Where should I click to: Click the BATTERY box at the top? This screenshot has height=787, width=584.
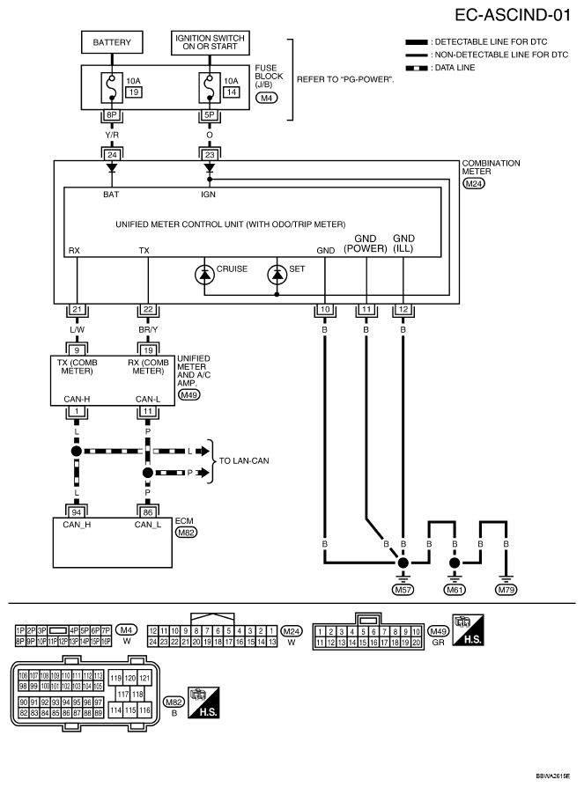(112, 41)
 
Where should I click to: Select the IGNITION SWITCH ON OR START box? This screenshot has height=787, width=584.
(210, 41)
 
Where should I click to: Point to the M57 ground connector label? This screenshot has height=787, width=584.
(403, 590)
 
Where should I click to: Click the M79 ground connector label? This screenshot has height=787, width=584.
(506, 590)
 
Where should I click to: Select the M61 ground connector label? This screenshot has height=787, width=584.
(455, 590)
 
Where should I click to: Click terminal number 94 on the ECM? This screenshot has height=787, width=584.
(76, 510)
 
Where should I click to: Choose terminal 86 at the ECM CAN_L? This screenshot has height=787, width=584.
(147, 510)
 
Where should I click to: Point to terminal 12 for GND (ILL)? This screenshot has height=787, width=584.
(403, 311)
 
